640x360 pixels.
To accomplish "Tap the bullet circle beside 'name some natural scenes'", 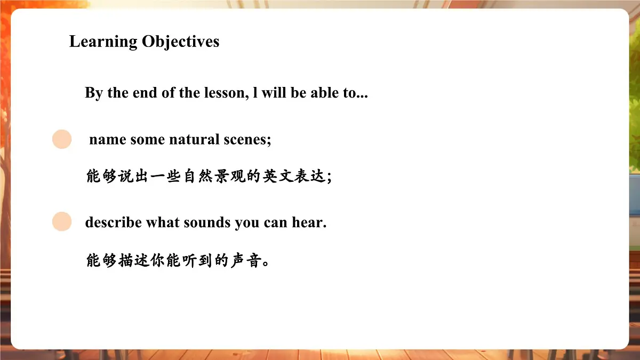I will click(62, 139).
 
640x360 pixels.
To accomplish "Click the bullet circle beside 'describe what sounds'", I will click(62, 221).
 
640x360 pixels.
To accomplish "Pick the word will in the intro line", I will click(274, 93).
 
